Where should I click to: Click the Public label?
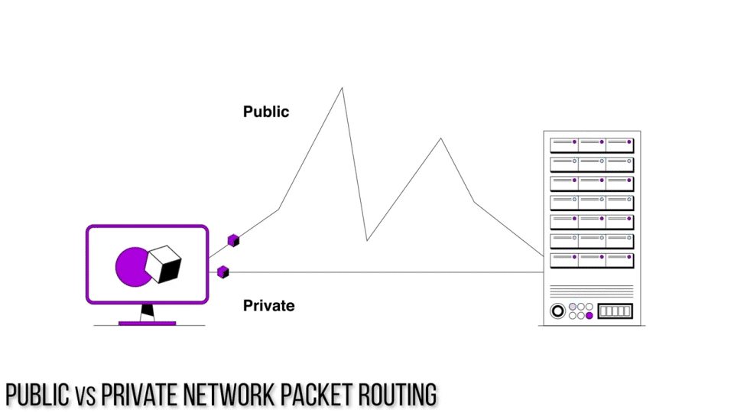[266, 112]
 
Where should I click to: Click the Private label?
[268, 306]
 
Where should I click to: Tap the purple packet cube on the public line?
[234, 240]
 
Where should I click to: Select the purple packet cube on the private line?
[223, 272]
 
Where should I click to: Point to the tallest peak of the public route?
[342, 89]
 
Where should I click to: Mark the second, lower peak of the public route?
[440, 139]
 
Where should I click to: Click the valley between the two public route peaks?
[367, 239]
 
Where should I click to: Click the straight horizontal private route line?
[382, 272]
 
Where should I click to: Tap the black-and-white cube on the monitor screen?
[164, 264]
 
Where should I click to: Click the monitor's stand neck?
[147, 312]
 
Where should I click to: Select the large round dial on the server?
[557, 311]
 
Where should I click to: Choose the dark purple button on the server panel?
[589, 315]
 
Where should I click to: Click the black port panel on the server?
[615, 311]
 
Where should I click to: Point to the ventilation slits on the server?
[591, 291]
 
